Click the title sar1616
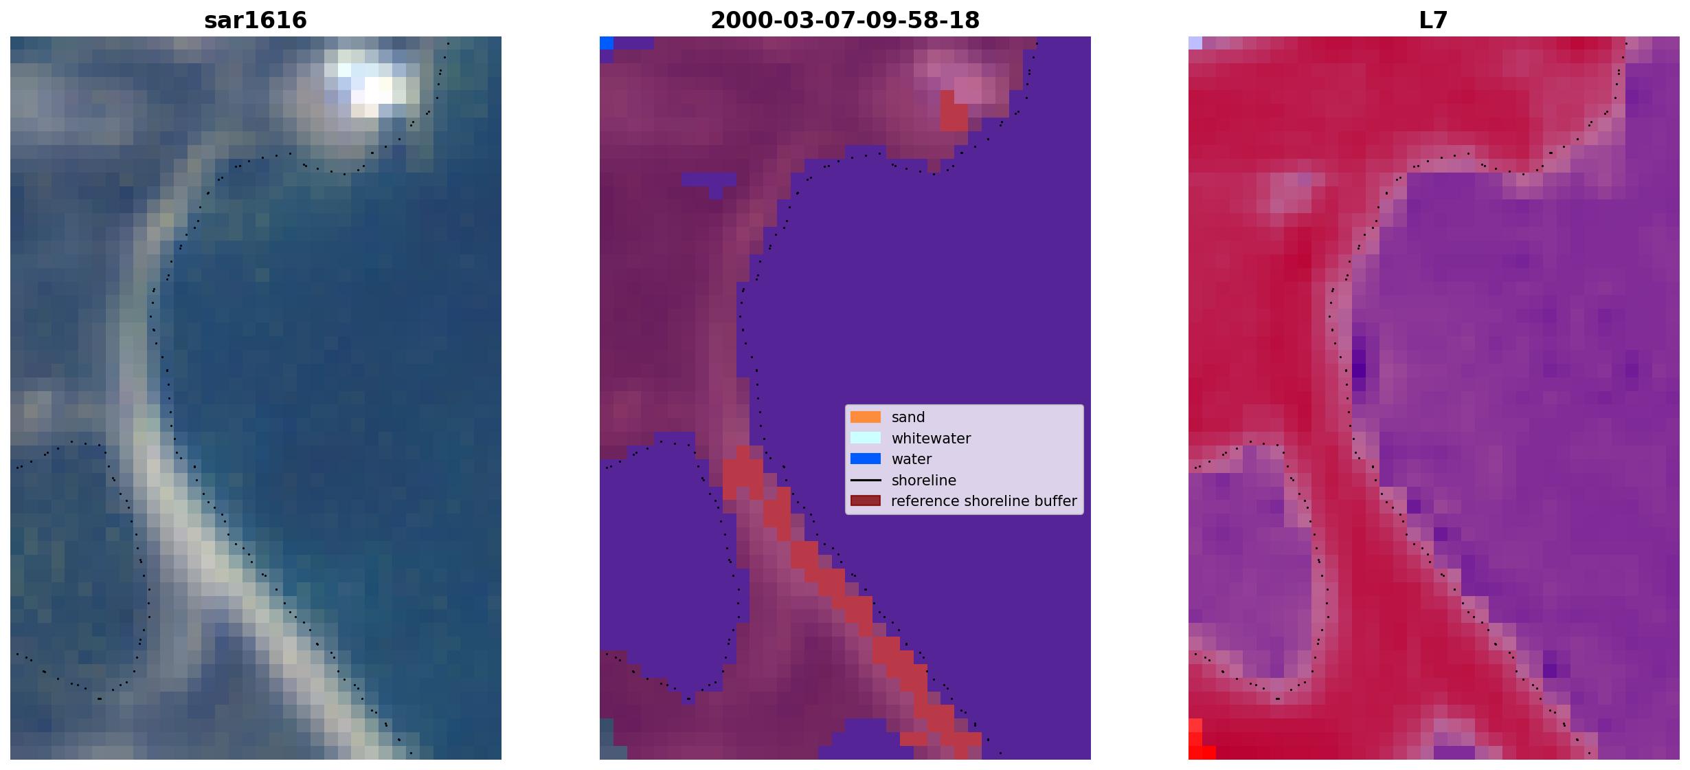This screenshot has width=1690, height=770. [x=256, y=21]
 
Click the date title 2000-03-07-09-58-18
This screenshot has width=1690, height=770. [x=845, y=21]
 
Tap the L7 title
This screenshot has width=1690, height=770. [x=1434, y=21]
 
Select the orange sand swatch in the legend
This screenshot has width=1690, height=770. [x=866, y=417]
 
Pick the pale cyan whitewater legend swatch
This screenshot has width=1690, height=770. [x=866, y=438]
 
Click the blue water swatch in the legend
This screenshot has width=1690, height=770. [x=866, y=459]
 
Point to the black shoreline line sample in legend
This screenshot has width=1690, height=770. [x=866, y=480]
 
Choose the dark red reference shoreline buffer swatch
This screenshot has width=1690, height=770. [x=866, y=501]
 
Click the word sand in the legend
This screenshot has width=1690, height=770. [x=908, y=417]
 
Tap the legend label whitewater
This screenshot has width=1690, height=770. [x=931, y=439]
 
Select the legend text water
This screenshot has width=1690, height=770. [x=912, y=459]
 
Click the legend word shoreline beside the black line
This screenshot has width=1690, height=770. [x=924, y=481]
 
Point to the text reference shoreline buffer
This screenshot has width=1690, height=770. [x=984, y=501]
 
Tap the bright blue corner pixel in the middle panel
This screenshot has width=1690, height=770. [x=607, y=43]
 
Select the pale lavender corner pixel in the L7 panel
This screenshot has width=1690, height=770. [x=1195, y=43]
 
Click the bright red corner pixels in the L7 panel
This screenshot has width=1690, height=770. [x=1199, y=742]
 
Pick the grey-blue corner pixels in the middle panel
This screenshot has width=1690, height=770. [x=607, y=739]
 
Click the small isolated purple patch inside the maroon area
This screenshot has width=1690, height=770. [x=709, y=183]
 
